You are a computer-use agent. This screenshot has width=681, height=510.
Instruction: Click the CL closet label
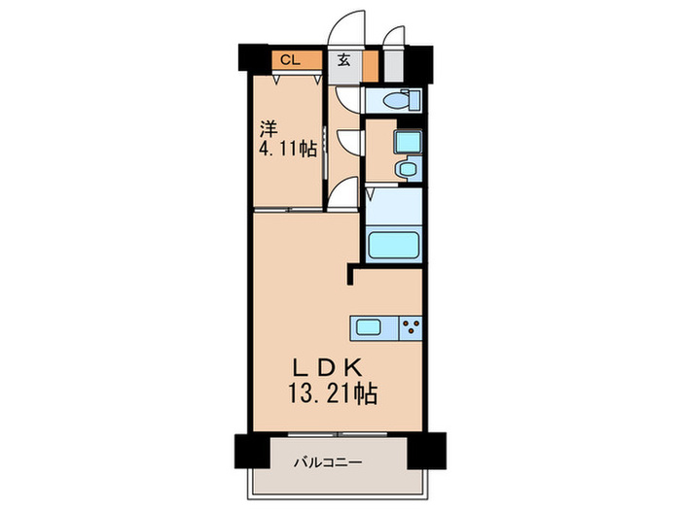[x=288, y=60]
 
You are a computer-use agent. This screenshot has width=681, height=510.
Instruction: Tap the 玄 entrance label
[x=344, y=60]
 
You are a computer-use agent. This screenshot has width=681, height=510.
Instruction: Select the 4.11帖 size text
[x=287, y=151]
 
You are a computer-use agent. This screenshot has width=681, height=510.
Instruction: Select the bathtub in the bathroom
[x=393, y=244]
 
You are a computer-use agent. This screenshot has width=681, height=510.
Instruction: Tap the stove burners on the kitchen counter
[x=412, y=327]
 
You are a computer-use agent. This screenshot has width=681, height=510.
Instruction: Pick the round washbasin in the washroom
[x=407, y=171]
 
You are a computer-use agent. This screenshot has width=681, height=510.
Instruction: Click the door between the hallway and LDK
[x=340, y=195]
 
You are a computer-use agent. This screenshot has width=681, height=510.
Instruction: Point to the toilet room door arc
[x=347, y=98]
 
